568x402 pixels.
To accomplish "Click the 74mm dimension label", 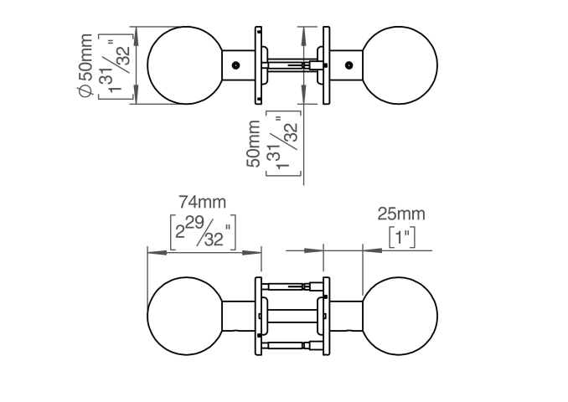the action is coord(202,202).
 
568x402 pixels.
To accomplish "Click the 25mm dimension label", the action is coord(401,214).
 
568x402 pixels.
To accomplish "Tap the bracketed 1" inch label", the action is coord(402,238).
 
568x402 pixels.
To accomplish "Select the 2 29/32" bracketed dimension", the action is coord(203,232).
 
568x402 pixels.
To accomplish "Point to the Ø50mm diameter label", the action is coord(85,65).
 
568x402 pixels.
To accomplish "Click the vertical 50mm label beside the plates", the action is coord(253,144).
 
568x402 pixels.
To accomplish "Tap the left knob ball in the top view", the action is coord(185,65).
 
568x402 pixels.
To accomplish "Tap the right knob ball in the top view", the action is coord(400,65).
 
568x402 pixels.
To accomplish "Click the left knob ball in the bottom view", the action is coord(185,317).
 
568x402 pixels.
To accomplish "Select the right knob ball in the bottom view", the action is coord(400,317).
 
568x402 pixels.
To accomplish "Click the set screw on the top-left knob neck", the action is coord(235,65).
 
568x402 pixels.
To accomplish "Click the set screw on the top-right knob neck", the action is coord(349,65).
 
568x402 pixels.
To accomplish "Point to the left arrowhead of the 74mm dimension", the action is coord(157,252).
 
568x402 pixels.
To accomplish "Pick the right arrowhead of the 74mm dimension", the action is coord(252,252).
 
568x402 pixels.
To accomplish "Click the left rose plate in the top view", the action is coord(258,65).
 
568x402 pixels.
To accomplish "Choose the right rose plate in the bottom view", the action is coord(327,317).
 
